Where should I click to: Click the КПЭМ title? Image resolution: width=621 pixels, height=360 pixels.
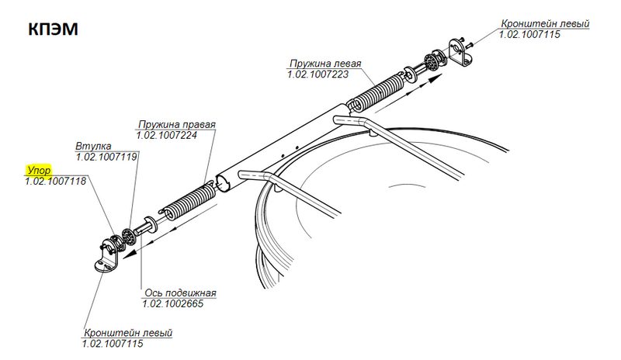(x=53, y=29)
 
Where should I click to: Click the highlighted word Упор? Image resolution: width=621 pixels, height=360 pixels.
(x=39, y=170)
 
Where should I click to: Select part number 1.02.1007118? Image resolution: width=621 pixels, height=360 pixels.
(x=55, y=182)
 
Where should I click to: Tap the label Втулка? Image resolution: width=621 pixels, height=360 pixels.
(x=93, y=146)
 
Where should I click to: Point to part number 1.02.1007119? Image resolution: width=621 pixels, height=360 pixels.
(x=106, y=157)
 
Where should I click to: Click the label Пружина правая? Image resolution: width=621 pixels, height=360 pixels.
(x=177, y=124)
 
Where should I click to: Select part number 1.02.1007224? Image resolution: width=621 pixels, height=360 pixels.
(x=167, y=136)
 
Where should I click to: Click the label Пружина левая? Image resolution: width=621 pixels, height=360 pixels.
(x=325, y=64)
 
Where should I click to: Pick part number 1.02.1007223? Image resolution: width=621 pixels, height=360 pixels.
(x=318, y=74)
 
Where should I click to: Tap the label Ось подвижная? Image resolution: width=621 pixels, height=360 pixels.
(x=180, y=293)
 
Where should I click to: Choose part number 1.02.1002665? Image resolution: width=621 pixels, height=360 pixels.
(x=173, y=304)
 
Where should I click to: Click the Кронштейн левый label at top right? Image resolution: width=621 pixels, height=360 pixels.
(x=546, y=24)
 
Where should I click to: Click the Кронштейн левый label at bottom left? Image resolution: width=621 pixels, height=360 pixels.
(x=128, y=333)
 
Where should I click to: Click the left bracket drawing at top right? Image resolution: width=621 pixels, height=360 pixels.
(x=460, y=52)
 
